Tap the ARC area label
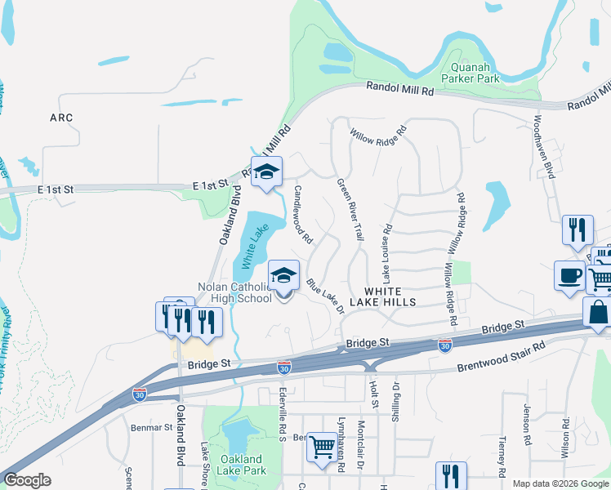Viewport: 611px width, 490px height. click(x=61, y=118)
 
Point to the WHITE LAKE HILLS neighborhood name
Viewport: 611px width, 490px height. click(x=390, y=296)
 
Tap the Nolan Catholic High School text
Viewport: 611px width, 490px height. click(x=235, y=292)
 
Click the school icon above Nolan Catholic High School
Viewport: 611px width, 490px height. click(x=283, y=277)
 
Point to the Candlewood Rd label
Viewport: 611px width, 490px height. click(x=303, y=215)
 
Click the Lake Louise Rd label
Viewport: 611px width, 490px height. click(x=385, y=250)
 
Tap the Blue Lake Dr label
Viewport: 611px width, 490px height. click(x=326, y=295)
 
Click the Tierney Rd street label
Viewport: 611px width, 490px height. click(x=502, y=454)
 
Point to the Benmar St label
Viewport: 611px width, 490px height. click(x=152, y=427)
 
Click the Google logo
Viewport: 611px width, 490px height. click(x=27, y=480)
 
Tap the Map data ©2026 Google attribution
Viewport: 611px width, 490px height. click(x=560, y=483)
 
